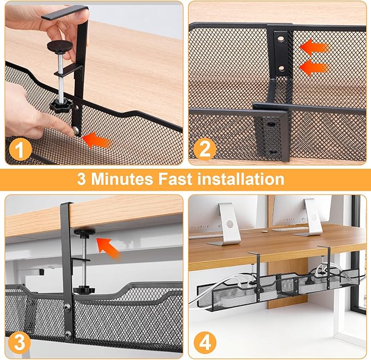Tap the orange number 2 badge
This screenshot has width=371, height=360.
pyautogui.click(x=204, y=149)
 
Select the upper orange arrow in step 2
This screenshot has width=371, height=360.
pyautogui.click(x=314, y=48)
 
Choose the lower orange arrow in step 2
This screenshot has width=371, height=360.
pyautogui.click(x=314, y=68)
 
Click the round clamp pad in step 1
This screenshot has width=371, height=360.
pyautogui.click(x=58, y=45)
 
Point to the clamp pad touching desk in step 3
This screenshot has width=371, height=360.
pyautogui.click(x=85, y=234)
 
